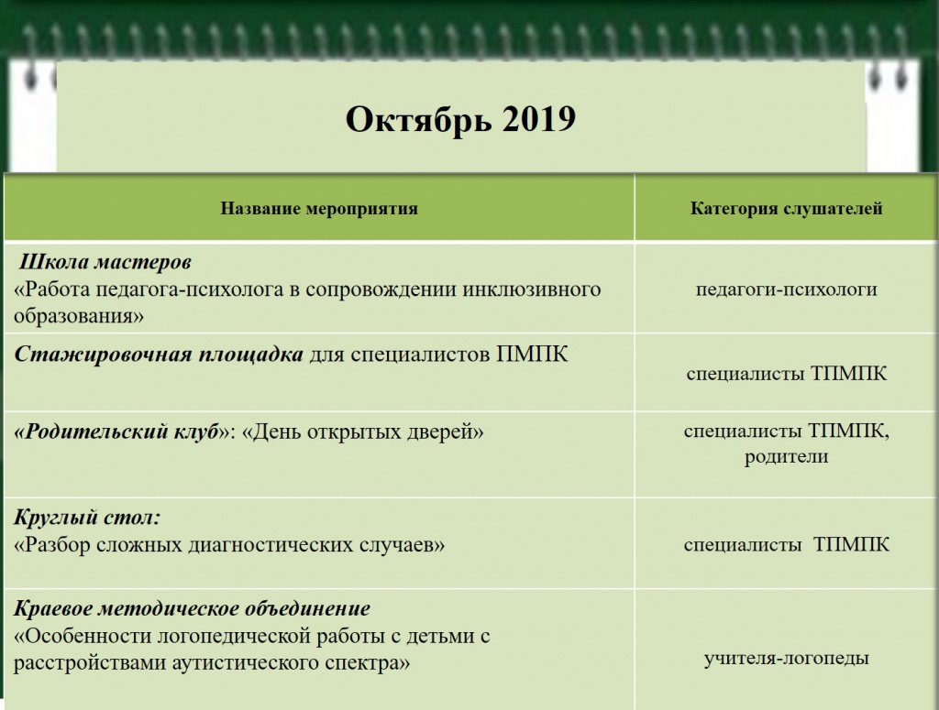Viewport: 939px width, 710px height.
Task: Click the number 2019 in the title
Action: pyautogui.click(x=538, y=119)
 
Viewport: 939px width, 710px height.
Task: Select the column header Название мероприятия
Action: pyautogui.click(x=318, y=209)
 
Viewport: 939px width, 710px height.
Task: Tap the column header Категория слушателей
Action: pyautogui.click(x=786, y=209)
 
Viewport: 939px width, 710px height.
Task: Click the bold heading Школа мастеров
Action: pyautogui.click(x=105, y=263)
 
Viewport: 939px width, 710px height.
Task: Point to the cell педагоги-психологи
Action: pyautogui.click(x=786, y=289)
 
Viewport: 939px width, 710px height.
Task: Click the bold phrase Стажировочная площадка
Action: pyautogui.click(x=159, y=355)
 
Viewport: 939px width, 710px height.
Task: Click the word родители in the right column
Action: pyautogui.click(x=786, y=456)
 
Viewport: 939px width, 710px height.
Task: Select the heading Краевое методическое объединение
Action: pyautogui.click(x=193, y=608)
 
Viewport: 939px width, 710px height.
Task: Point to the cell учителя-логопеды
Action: pyautogui.click(x=786, y=658)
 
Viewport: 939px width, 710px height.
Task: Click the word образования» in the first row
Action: pyautogui.click(x=80, y=316)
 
